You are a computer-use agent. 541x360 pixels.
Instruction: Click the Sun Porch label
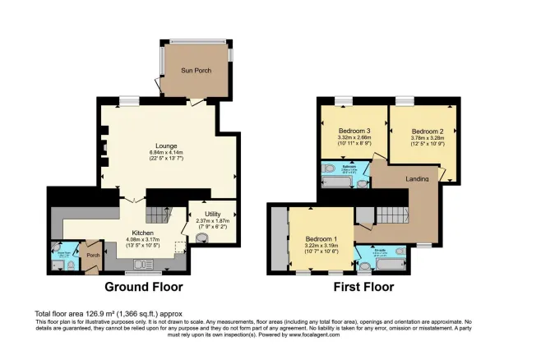(x=196, y=72)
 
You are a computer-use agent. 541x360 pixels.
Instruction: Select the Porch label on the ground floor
(x=92, y=254)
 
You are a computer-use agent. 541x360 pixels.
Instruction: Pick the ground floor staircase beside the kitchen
(x=156, y=216)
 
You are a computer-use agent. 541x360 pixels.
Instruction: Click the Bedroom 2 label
(x=428, y=132)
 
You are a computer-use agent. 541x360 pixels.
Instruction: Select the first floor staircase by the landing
(x=392, y=216)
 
